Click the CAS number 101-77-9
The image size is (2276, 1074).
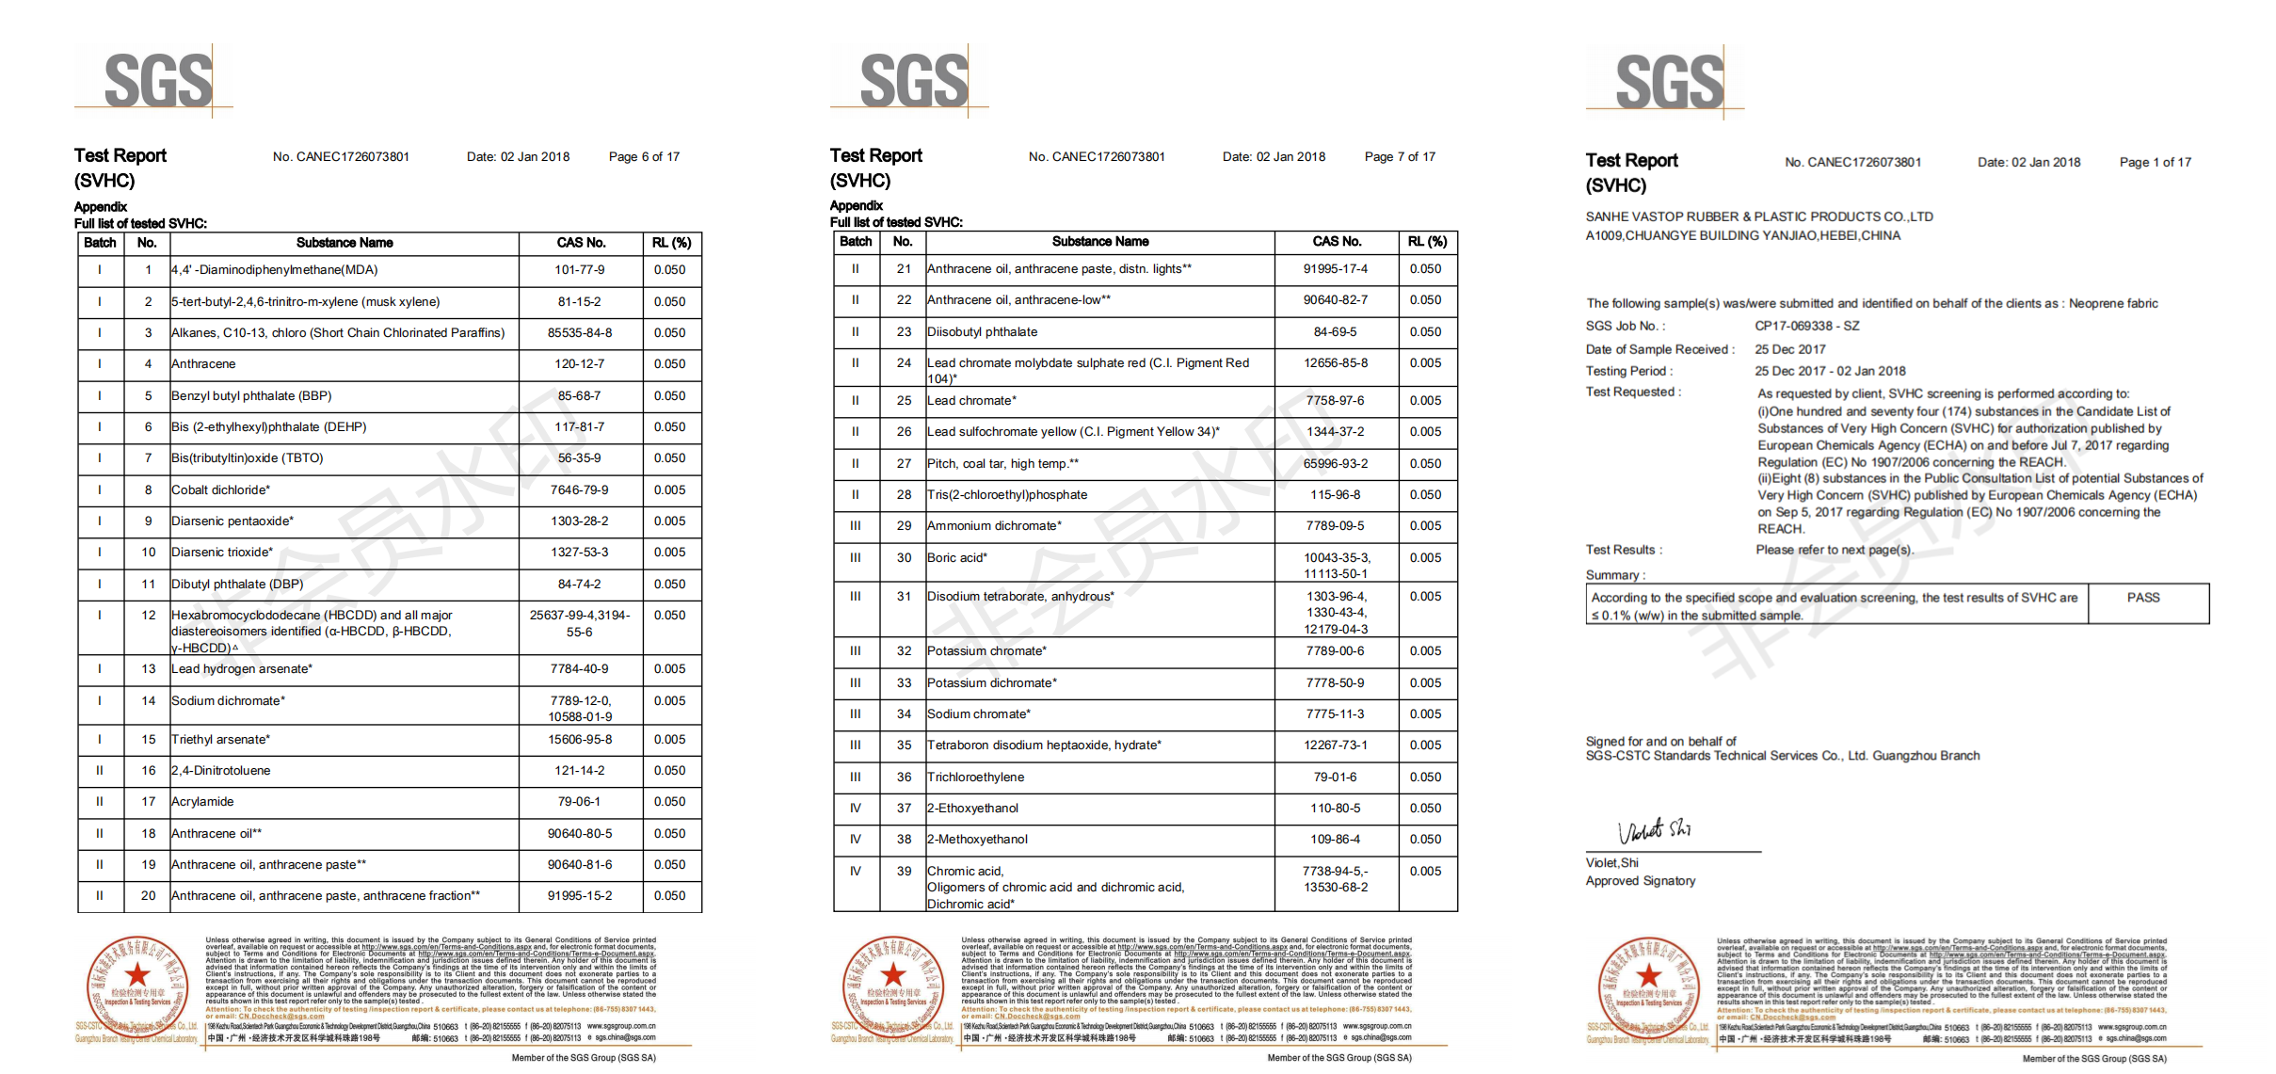579,270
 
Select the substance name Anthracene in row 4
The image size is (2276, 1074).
203,364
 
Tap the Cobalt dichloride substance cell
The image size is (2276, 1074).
220,490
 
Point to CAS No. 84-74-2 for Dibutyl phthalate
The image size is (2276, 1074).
579,585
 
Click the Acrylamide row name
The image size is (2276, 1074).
202,802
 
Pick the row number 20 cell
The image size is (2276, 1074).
148,896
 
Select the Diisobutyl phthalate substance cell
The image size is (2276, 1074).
982,332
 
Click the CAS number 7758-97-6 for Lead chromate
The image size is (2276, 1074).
1335,401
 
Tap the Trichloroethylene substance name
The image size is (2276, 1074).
975,777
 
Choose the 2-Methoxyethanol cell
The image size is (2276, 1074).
977,840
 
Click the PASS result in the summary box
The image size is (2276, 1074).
2143,598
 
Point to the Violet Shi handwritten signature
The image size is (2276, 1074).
1654,831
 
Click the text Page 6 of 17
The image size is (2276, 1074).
644,157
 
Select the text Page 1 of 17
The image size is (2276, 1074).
2155,163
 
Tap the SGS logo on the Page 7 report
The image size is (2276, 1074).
913,81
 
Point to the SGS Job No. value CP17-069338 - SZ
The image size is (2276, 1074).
1806,327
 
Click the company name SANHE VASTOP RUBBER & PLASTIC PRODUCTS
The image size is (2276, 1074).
1758,217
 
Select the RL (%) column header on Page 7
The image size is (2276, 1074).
1427,242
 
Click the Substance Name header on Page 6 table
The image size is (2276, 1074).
345,243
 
